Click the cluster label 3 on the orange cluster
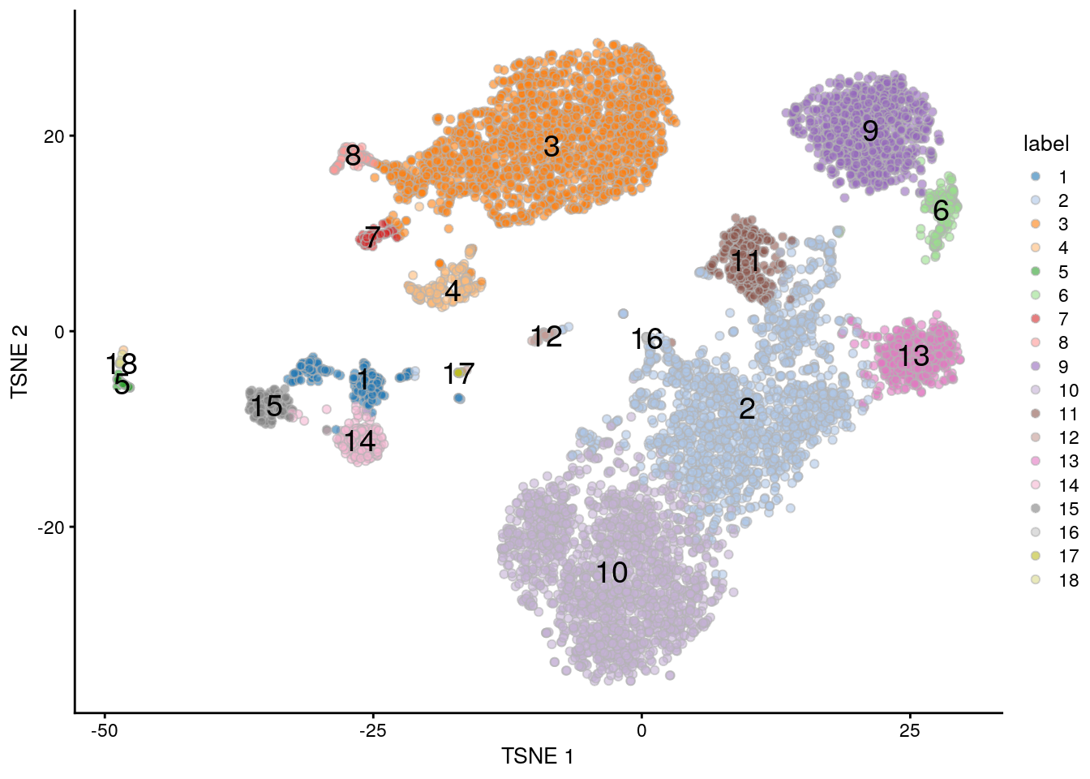click(551, 147)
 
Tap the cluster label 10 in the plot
click(612, 573)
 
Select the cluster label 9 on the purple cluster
click(870, 131)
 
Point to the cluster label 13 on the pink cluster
click(913, 355)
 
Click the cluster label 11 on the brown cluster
click(745, 261)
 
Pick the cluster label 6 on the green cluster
click(941, 211)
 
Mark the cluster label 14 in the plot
click(359, 441)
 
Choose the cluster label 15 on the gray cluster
click(266, 406)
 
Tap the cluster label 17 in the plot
click(458, 374)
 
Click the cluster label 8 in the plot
click(353, 155)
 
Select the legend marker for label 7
click(1035, 319)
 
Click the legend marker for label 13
click(1035, 461)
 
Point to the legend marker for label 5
click(1035, 272)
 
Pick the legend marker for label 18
click(1035, 579)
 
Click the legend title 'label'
click(1046, 144)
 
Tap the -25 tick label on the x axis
click(372, 730)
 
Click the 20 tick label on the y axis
click(54, 136)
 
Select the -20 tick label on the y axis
click(50, 527)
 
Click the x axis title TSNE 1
click(537, 757)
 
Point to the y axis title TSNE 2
click(19, 362)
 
